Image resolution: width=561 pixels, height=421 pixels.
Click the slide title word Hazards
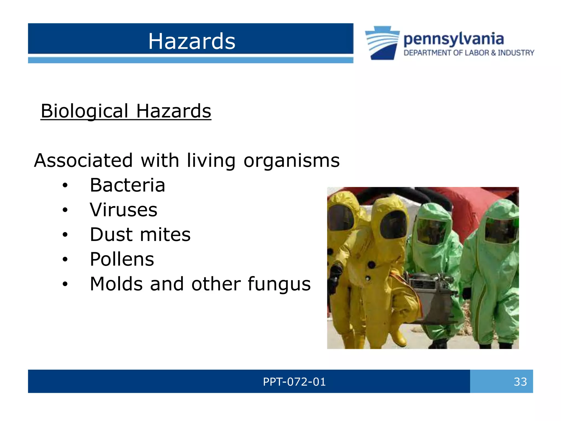(x=192, y=41)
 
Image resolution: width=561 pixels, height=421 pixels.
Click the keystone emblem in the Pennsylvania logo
(x=382, y=43)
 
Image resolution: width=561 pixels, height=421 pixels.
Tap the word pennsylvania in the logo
(x=453, y=39)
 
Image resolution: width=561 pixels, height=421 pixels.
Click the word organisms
(x=291, y=161)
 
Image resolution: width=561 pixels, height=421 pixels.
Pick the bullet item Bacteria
(x=127, y=185)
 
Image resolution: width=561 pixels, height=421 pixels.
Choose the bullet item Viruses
(x=124, y=210)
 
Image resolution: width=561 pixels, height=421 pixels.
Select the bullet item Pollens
(x=122, y=259)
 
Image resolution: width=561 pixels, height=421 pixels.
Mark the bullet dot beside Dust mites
(x=65, y=235)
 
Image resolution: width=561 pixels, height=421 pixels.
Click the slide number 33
(x=520, y=382)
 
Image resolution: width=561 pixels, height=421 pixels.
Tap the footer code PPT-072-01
(x=294, y=382)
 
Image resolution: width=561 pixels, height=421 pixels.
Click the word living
(x=211, y=161)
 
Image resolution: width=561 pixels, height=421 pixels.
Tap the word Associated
(x=84, y=161)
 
